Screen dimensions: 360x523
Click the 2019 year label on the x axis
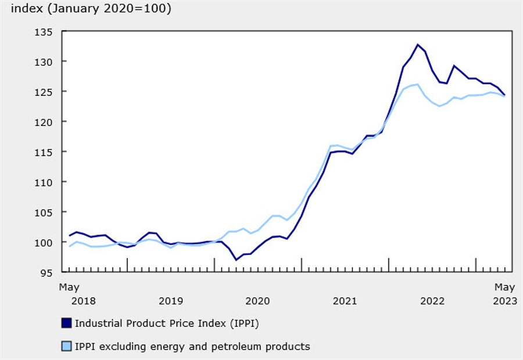(171, 301)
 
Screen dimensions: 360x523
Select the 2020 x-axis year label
(258, 301)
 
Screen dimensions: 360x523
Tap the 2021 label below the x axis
(345, 301)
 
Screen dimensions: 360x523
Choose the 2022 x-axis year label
(432, 301)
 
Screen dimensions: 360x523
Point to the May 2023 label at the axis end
(504, 294)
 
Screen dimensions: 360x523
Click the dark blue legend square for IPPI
(66, 323)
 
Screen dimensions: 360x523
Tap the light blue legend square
(66, 347)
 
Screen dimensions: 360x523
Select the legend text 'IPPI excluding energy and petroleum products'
(192, 347)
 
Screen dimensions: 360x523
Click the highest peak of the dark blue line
(418, 45)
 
